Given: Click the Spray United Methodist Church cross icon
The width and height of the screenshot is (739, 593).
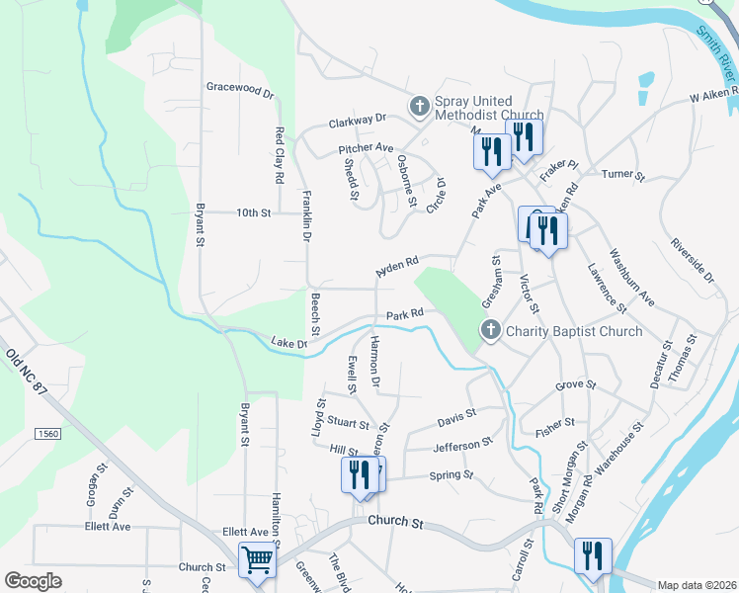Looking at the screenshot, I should coord(419,106).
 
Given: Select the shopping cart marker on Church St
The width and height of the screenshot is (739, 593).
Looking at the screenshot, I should coord(257,561).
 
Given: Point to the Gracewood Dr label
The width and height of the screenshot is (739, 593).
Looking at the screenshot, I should coord(239,88).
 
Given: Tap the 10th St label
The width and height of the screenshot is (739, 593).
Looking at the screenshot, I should coord(253,212).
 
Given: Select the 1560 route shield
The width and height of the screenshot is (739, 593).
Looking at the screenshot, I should coord(47,434).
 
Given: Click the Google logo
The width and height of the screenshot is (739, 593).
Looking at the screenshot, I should coord(34,580).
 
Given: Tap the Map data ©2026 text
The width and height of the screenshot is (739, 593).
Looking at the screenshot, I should coord(696,585).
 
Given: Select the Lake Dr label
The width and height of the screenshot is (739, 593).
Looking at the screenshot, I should coord(288,343).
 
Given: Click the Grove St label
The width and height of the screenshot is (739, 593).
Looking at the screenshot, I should coord(576,384).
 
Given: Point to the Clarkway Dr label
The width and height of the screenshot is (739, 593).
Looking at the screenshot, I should coord(357,123).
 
